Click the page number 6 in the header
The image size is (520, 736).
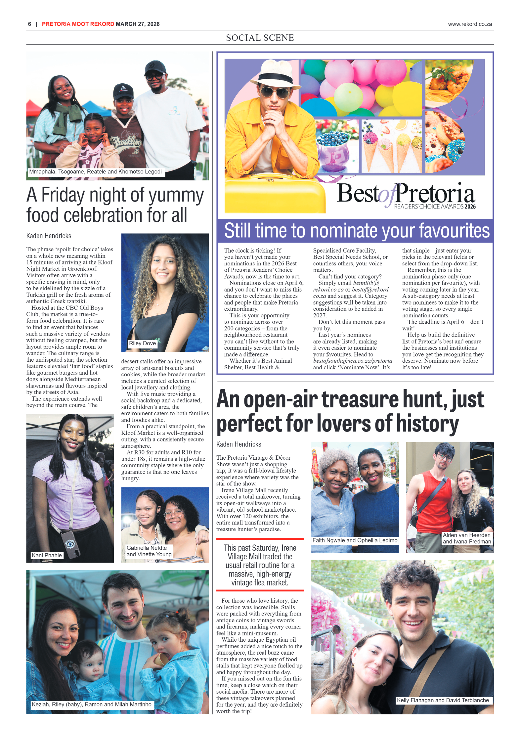[x=29, y=24]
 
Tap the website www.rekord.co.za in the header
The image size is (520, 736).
[x=470, y=24]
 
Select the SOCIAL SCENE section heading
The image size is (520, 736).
[x=260, y=38]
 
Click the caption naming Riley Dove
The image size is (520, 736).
[x=142, y=343]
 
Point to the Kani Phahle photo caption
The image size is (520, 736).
[x=47, y=555]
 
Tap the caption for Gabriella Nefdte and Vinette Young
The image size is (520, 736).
[x=149, y=551]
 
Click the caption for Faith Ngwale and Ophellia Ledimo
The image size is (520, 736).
[x=355, y=540]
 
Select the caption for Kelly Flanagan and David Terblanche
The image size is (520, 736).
[x=443, y=700]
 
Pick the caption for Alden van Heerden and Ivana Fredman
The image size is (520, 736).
[x=466, y=538]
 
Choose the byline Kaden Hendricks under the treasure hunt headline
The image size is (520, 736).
[x=238, y=444]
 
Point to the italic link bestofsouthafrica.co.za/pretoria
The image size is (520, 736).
[x=353, y=361]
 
